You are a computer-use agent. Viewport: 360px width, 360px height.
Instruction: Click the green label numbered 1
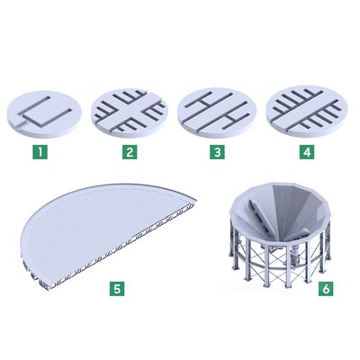pyautogui.click(x=40, y=152)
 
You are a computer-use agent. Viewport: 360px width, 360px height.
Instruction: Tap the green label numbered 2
pyautogui.click(x=130, y=152)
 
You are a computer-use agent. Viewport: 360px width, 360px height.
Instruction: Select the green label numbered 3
pyautogui.click(x=217, y=152)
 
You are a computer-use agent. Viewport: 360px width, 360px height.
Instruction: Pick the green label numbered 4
pyautogui.click(x=307, y=152)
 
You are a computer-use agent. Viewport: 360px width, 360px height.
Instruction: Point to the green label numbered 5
pyautogui.click(x=117, y=289)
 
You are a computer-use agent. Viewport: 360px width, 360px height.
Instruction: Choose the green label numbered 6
pyautogui.click(x=326, y=289)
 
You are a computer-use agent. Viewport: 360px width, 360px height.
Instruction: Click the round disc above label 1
pyautogui.click(x=44, y=114)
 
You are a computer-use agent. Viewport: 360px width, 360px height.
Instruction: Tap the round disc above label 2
pyautogui.click(x=130, y=113)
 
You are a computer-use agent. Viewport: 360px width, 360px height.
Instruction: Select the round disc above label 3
pyautogui.click(x=217, y=112)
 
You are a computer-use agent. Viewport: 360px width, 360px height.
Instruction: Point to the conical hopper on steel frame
pyautogui.click(x=281, y=234)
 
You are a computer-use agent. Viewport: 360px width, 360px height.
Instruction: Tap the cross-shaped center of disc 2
pyautogui.click(x=130, y=112)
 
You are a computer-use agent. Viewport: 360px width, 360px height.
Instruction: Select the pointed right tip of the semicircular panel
pyautogui.click(x=195, y=200)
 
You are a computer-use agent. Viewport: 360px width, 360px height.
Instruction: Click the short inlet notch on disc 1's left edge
pyautogui.click(x=20, y=122)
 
